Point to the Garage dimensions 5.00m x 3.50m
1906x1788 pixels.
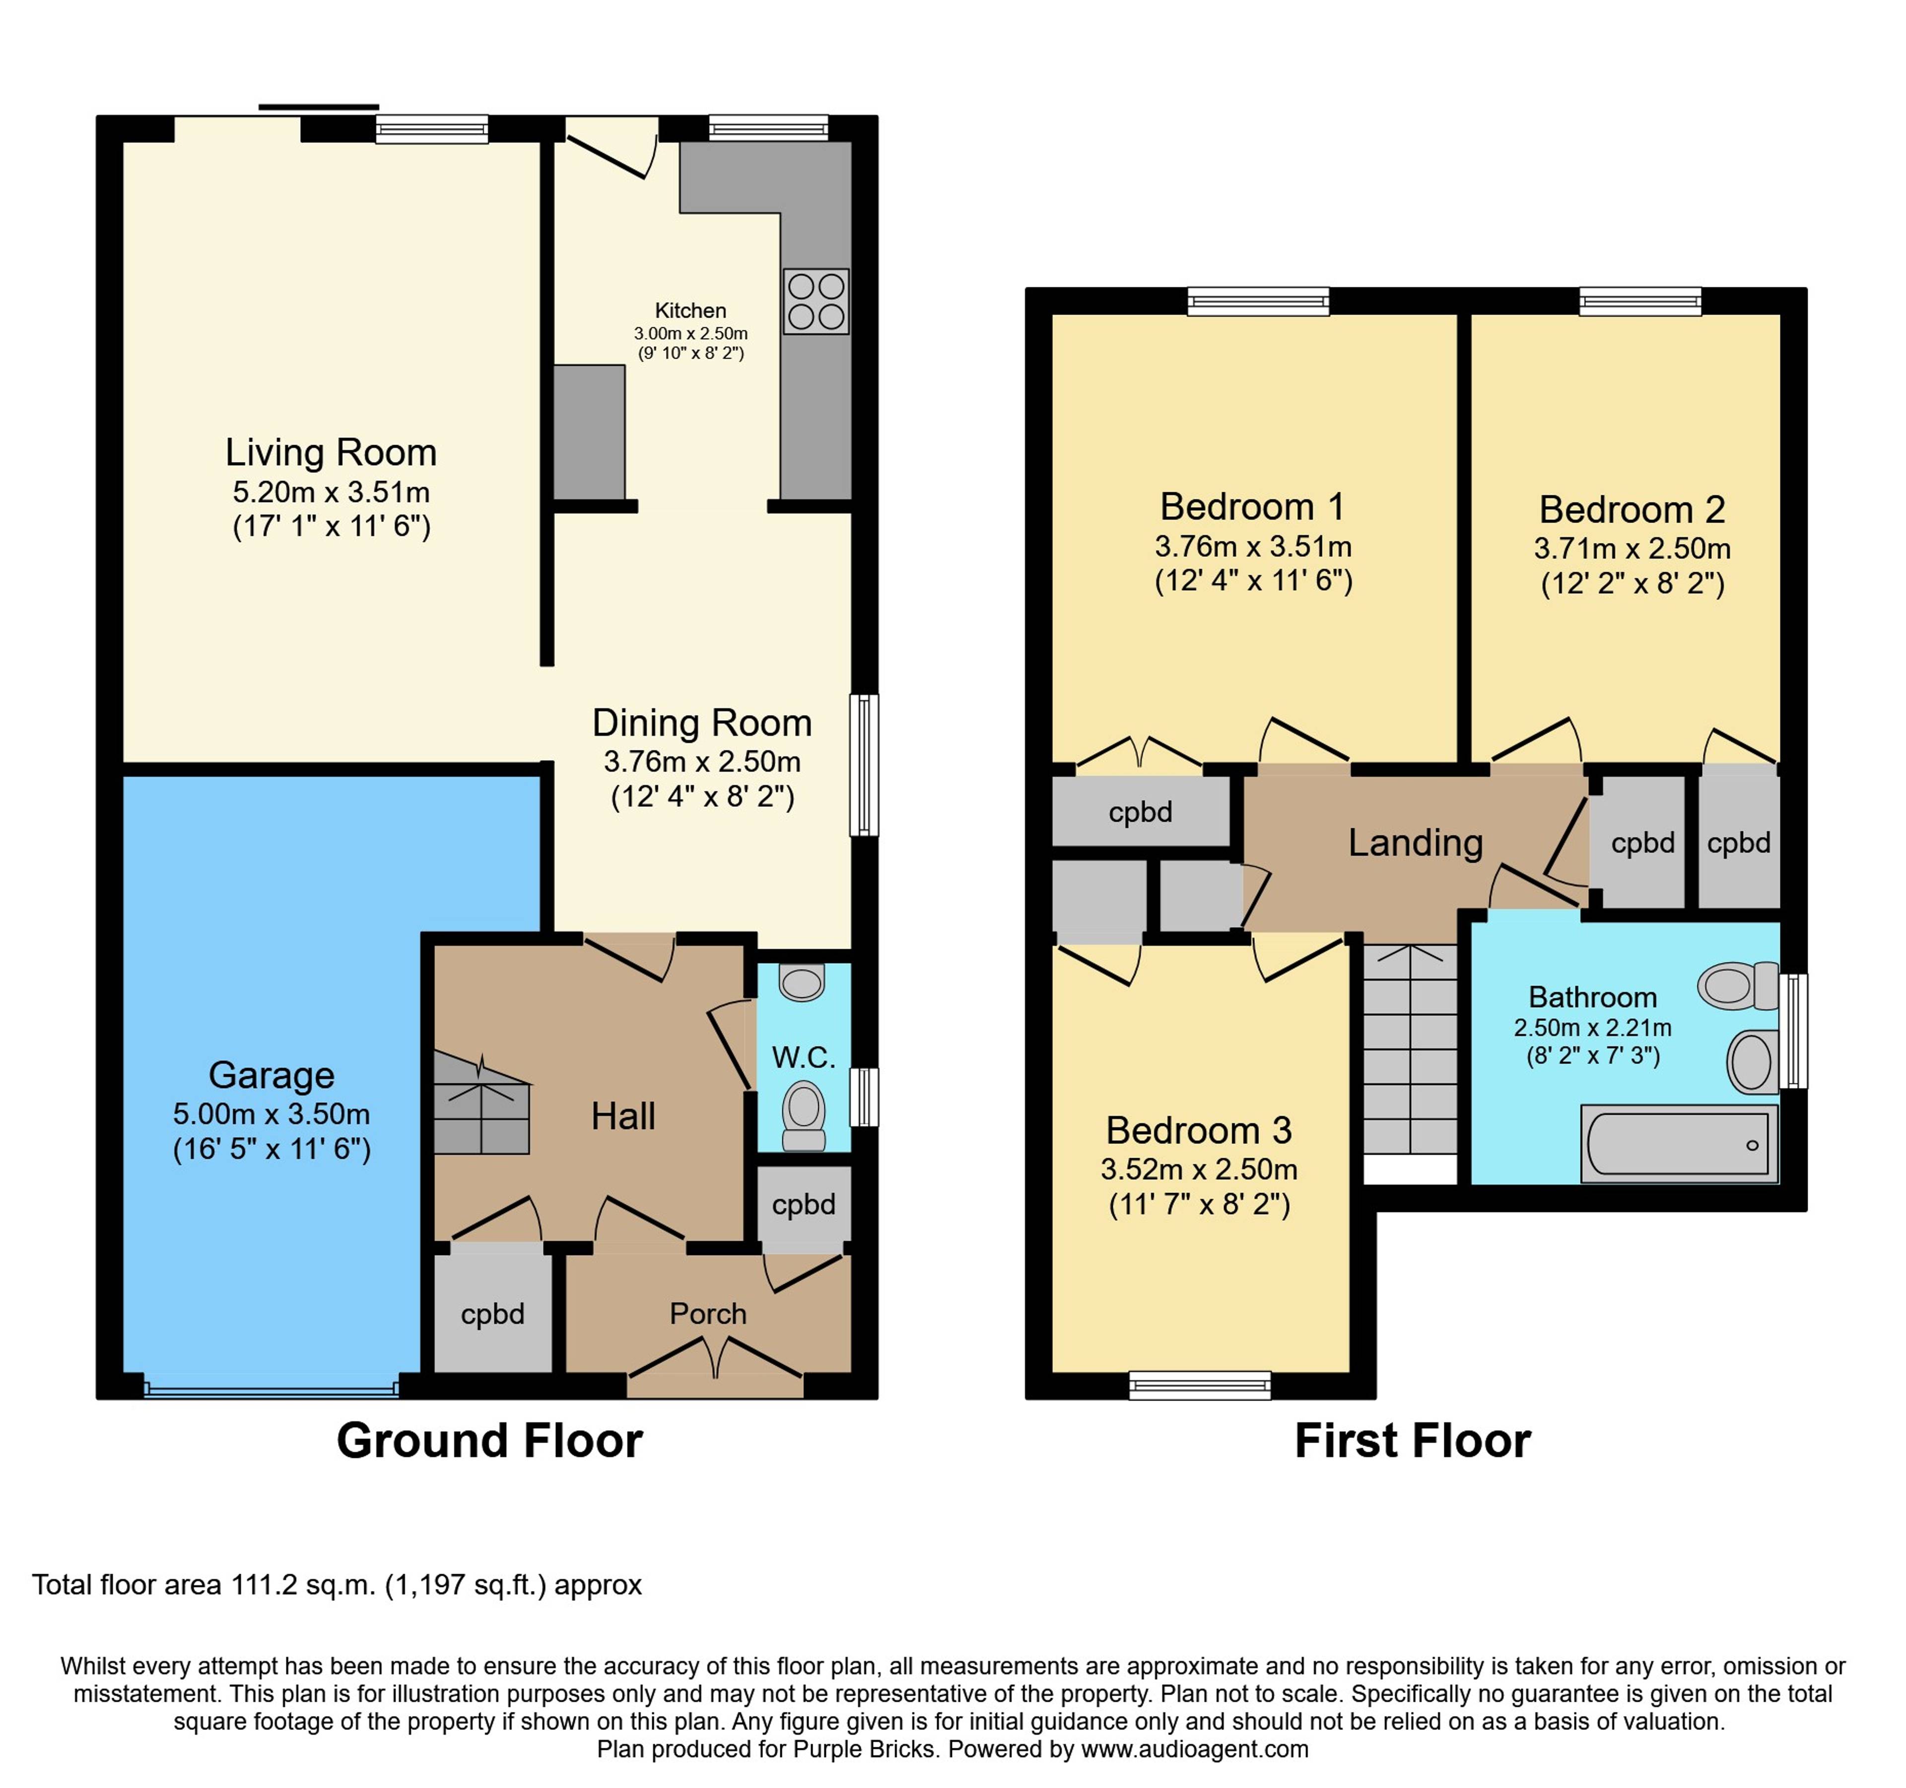coord(272,1114)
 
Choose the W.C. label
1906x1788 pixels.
coord(804,1058)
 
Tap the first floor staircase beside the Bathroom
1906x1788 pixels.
coord(1410,1049)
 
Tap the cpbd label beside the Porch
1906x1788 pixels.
coord(493,1314)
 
